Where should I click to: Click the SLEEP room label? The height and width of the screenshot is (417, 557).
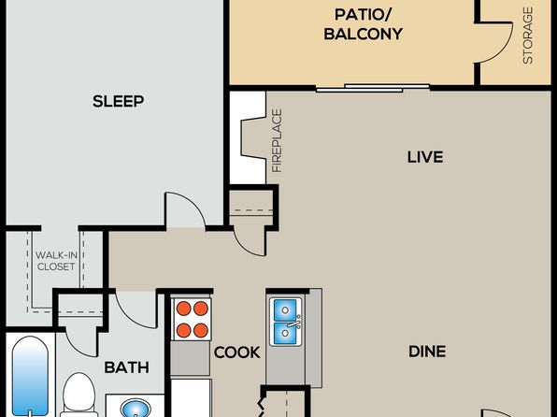tap(119, 101)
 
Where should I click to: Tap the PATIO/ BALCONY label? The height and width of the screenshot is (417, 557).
tap(363, 24)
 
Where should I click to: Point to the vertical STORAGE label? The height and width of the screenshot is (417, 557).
tap(528, 36)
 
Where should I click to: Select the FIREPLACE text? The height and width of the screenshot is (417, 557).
tap(277, 141)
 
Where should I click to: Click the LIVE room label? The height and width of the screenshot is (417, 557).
tap(425, 157)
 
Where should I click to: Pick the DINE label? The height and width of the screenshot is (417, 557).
tap(427, 352)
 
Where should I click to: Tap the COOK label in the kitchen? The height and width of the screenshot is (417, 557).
tap(237, 352)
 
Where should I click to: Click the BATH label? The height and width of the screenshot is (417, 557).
tap(127, 367)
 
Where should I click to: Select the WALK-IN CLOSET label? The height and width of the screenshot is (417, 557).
tap(56, 261)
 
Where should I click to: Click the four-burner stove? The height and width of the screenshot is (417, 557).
tap(192, 319)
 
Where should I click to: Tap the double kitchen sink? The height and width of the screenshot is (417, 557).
tap(286, 322)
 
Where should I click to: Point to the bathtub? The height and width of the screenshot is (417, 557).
tap(31, 376)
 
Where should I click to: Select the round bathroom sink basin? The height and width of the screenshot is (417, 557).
tap(136, 408)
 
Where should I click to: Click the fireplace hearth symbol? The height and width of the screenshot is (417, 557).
tap(253, 138)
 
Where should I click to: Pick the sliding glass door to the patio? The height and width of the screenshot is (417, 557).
tap(373, 88)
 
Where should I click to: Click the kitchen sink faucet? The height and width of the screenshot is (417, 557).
tap(294, 323)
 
